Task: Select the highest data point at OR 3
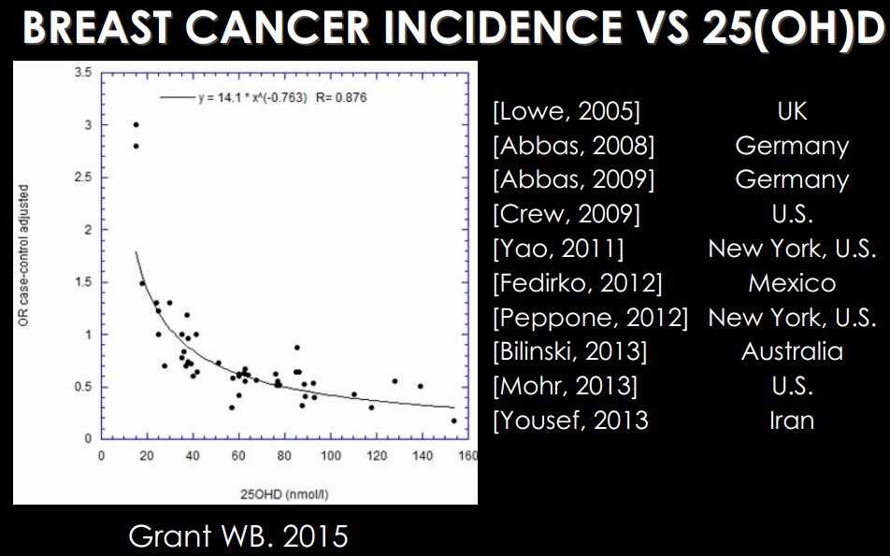(136, 124)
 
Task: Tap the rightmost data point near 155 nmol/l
(454, 421)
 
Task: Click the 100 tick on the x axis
(330, 456)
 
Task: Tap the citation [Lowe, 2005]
(566, 111)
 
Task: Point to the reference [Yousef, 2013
(569, 420)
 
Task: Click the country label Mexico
(792, 282)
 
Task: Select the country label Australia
(792, 351)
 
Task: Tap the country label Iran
(792, 420)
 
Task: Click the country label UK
(792, 111)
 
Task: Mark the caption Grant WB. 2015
(237, 536)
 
